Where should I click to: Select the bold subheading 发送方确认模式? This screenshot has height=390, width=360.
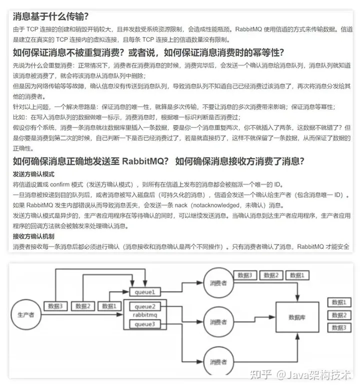click(33, 174)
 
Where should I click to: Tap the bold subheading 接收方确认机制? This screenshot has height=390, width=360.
click(33, 236)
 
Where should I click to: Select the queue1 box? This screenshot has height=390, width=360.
click(145, 291)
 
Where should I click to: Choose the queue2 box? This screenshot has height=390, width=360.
click(145, 306)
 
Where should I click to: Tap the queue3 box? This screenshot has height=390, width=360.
click(145, 325)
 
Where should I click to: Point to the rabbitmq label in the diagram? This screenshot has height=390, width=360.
click(145, 315)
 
